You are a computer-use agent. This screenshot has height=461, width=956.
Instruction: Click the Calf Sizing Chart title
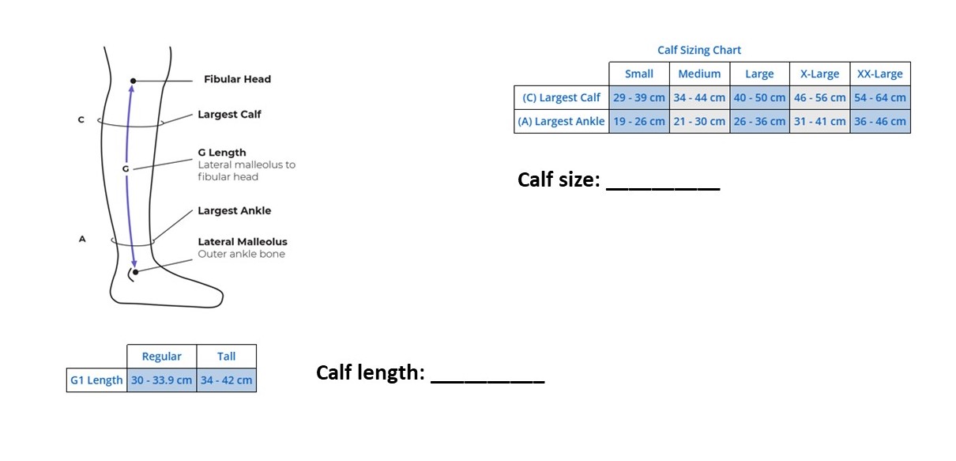tap(699, 51)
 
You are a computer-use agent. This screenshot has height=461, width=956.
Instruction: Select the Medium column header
tap(699, 74)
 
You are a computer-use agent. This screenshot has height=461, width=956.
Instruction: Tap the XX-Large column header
tap(879, 74)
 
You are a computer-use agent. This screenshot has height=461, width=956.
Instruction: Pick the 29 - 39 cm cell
tap(639, 98)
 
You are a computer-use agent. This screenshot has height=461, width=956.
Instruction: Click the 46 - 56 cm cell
tap(819, 98)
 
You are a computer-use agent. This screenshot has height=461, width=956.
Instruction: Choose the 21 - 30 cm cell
tap(699, 122)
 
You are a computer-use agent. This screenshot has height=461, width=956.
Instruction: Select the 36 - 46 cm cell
tap(879, 122)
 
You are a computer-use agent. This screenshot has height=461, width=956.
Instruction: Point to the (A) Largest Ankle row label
tap(561, 122)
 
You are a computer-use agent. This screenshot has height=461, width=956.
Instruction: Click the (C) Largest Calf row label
tap(561, 98)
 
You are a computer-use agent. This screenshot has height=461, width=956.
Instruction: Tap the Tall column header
tap(226, 357)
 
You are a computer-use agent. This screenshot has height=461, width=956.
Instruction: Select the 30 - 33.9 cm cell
tap(161, 380)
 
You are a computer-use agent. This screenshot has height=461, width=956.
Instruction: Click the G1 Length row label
tap(96, 380)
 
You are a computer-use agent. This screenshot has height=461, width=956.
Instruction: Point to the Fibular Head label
tap(237, 79)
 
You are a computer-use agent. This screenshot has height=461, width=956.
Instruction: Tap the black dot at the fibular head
tap(134, 81)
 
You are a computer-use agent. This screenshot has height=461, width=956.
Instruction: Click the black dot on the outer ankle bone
tap(135, 272)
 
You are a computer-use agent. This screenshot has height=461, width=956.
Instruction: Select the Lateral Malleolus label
tap(242, 242)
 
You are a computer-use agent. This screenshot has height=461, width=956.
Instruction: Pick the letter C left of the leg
tap(81, 120)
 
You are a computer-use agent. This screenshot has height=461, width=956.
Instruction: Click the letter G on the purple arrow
tap(125, 168)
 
